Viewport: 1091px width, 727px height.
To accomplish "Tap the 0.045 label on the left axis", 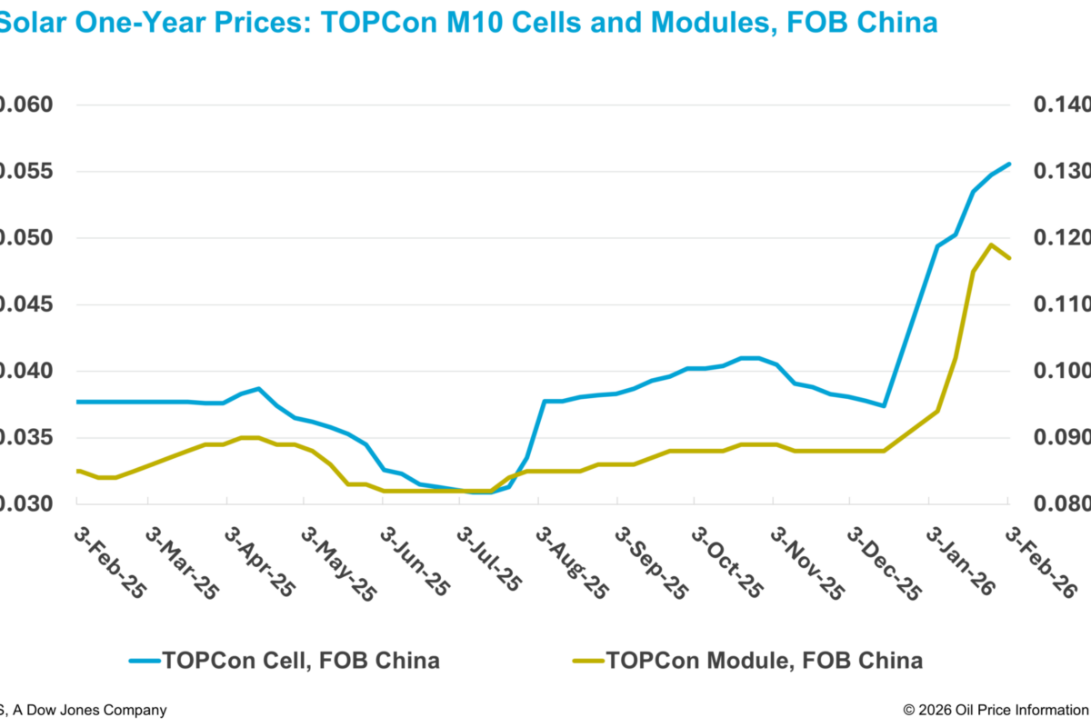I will [27, 304].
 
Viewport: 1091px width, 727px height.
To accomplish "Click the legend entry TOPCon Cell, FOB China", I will [300, 660].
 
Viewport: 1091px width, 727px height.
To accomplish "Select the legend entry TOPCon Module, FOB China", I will [764, 660].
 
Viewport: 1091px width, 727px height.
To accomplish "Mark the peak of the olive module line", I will [991, 244].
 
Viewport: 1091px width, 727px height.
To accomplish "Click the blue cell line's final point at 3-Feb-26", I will [1009, 164].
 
